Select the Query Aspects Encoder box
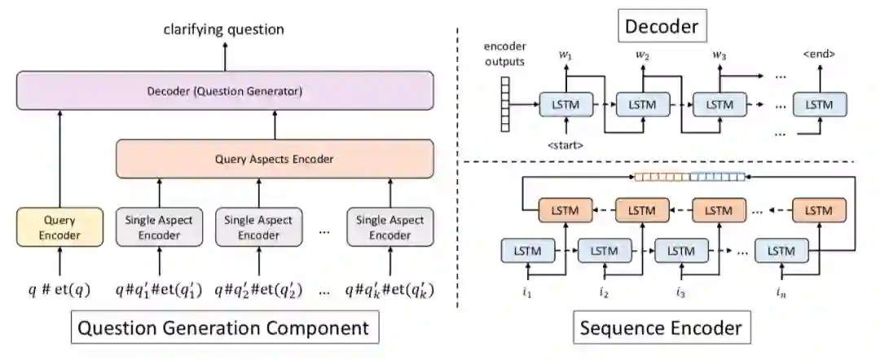click(x=273, y=160)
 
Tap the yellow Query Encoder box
click(x=59, y=227)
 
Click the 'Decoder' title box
click(x=660, y=28)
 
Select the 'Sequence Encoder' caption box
click(x=660, y=329)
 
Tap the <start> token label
click(x=564, y=146)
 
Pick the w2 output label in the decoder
click(x=642, y=55)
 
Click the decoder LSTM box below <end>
click(x=820, y=104)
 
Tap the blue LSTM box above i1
click(x=526, y=249)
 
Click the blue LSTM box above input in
click(x=781, y=249)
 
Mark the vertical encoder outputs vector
click(x=504, y=103)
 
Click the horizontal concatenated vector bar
click(x=689, y=176)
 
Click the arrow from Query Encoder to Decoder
click(x=59, y=159)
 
